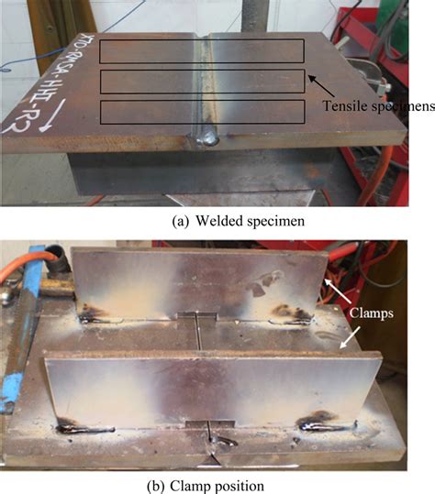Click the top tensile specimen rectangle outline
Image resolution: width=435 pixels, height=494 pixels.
tap(201, 51)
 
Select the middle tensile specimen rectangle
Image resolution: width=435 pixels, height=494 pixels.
tap(201, 81)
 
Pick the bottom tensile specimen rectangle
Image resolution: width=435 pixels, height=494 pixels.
tap(201, 111)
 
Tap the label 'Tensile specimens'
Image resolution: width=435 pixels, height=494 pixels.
tap(377, 106)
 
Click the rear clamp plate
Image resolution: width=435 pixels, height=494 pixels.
tap(197, 280)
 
